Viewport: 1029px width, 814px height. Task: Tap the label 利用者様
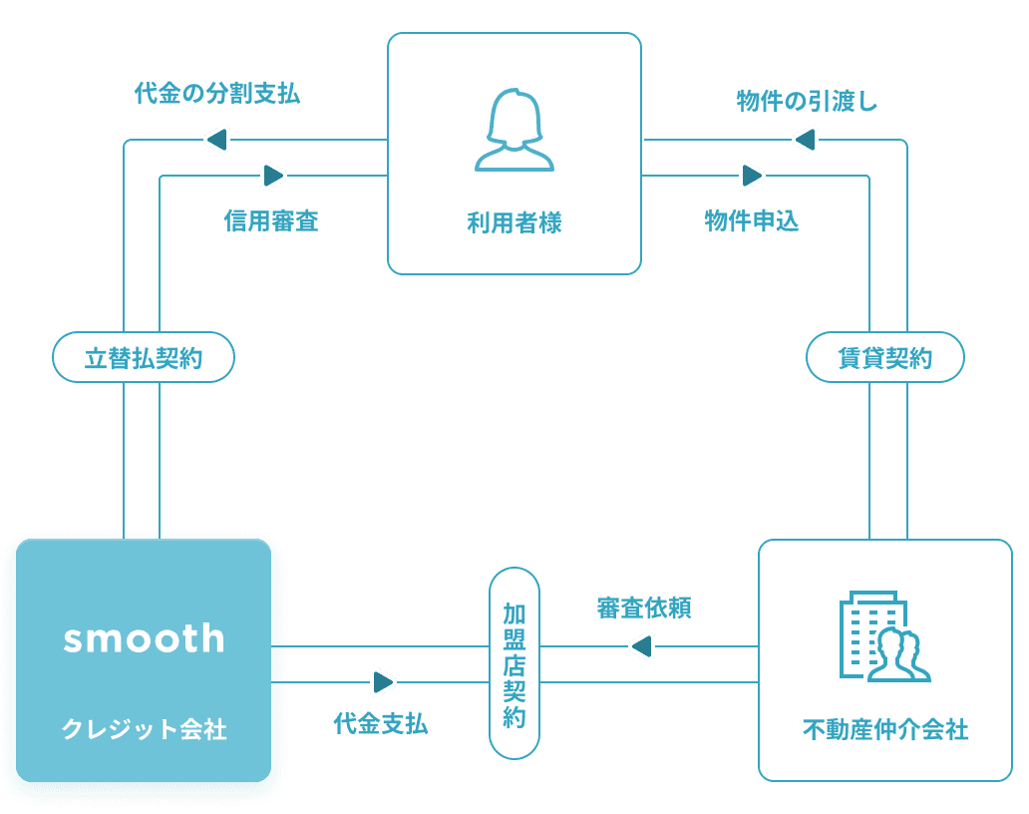pyautogui.click(x=514, y=222)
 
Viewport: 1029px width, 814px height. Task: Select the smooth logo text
pyautogui.click(x=145, y=638)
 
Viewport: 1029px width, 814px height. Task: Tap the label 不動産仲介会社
pyautogui.click(x=885, y=730)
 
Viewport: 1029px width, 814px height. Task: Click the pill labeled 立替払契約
pyautogui.click(x=144, y=358)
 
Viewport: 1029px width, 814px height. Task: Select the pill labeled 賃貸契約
pyautogui.click(x=885, y=358)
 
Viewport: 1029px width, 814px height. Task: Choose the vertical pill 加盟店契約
pyautogui.click(x=514, y=663)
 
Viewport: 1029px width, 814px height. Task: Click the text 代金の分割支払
pyautogui.click(x=217, y=95)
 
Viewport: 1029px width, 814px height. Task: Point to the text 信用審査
pyautogui.click(x=271, y=220)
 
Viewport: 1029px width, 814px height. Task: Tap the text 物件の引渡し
pyautogui.click(x=808, y=101)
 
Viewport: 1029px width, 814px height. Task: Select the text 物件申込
pyautogui.click(x=752, y=220)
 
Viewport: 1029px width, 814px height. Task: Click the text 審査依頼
pyautogui.click(x=644, y=608)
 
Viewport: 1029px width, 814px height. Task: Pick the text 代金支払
pyautogui.click(x=381, y=723)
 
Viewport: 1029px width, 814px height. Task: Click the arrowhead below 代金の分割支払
pyautogui.click(x=217, y=140)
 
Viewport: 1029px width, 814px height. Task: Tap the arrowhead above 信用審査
pyautogui.click(x=272, y=176)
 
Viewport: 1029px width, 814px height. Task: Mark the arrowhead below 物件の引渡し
pyautogui.click(x=805, y=140)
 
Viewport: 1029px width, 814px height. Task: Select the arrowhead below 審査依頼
pyautogui.click(x=642, y=646)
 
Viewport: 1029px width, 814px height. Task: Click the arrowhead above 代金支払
pyautogui.click(x=382, y=682)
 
